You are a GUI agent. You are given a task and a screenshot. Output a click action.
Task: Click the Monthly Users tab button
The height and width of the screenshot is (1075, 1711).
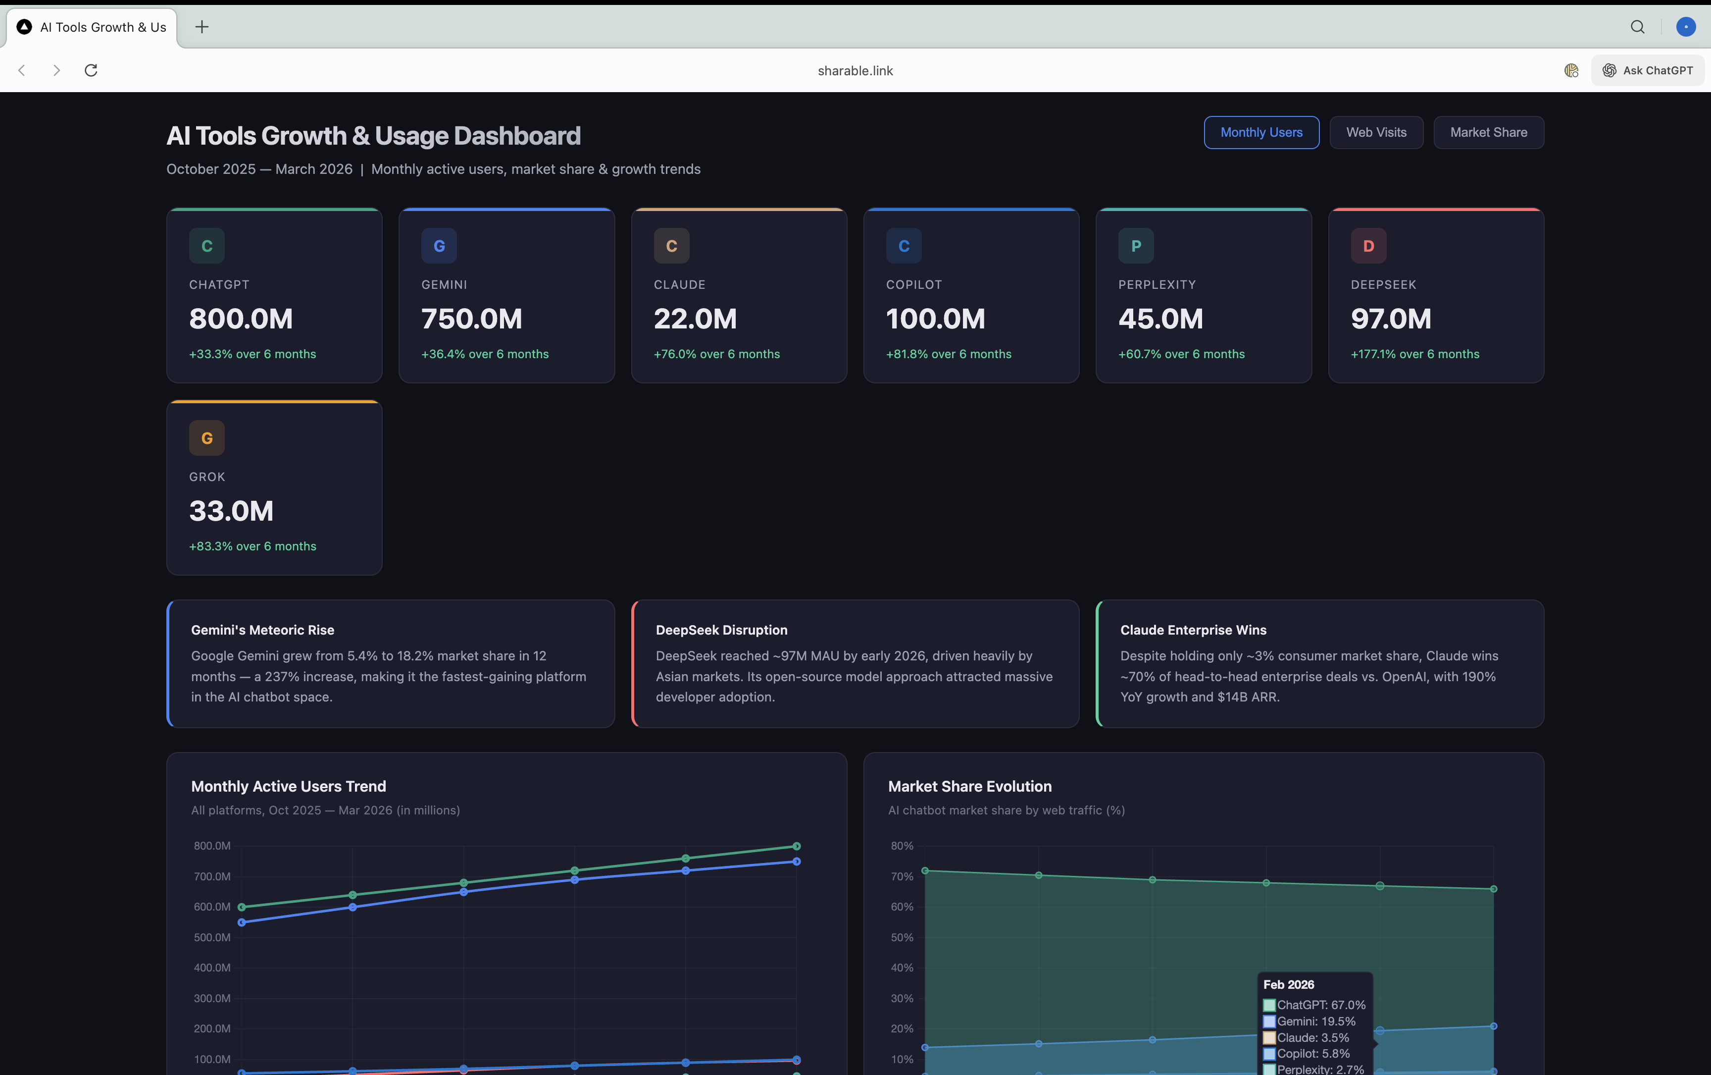(x=1261, y=132)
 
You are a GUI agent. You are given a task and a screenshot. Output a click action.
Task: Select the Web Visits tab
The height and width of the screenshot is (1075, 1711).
(x=1376, y=132)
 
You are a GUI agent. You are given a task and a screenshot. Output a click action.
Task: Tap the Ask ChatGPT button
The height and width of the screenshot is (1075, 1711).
(x=1647, y=70)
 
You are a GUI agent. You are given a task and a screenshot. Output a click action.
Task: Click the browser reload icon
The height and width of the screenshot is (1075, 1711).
(x=91, y=70)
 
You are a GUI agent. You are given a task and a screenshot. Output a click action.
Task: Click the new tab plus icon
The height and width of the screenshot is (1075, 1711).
(x=202, y=27)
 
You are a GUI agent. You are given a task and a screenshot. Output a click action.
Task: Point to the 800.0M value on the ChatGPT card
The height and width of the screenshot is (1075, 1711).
(x=241, y=319)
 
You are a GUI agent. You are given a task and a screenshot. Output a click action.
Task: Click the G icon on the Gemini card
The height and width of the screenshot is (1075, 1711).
(x=439, y=246)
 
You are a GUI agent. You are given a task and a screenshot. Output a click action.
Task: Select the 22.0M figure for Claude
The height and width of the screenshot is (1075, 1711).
(x=695, y=319)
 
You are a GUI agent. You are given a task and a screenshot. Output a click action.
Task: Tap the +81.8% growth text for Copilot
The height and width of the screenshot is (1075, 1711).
(x=949, y=354)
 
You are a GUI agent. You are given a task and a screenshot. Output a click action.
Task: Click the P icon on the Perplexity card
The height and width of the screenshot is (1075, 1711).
(x=1135, y=246)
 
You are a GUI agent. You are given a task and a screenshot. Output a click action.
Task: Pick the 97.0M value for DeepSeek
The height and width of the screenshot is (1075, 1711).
(x=1391, y=319)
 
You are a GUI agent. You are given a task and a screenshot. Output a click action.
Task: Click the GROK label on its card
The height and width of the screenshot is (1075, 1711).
(x=207, y=477)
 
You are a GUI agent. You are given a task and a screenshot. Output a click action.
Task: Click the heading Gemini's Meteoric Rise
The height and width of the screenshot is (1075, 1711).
(x=262, y=630)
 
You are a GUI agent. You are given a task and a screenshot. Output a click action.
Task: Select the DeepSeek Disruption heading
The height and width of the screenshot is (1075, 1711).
(x=721, y=630)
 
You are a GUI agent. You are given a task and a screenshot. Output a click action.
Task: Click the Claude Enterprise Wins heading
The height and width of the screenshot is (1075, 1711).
(x=1193, y=630)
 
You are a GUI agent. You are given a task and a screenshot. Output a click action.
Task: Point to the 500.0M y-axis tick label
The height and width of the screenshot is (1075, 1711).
(x=212, y=937)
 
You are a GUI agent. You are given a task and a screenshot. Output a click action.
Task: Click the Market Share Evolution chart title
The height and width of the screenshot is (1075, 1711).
(x=969, y=786)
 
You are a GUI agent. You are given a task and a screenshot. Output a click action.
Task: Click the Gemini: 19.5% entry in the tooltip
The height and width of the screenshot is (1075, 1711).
(x=1315, y=1021)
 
